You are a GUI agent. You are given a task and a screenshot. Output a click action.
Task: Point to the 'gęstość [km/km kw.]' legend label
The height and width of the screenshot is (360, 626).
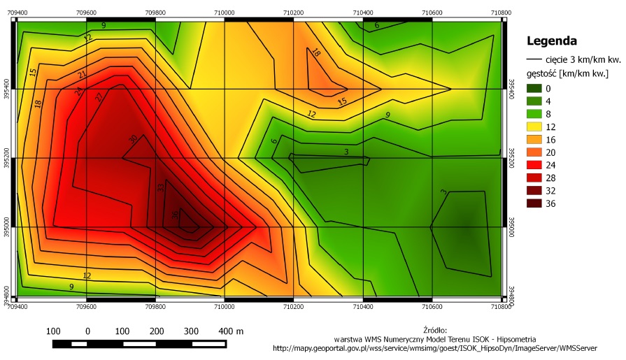pyautogui.click(x=567, y=73)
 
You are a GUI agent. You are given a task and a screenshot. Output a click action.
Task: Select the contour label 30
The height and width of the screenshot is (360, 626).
pyautogui.click(x=134, y=138)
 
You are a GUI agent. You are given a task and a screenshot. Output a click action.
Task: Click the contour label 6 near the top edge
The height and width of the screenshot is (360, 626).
pyautogui.click(x=376, y=26)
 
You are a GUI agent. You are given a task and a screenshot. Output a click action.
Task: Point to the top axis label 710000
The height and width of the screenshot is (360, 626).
pyautogui.click(x=225, y=12)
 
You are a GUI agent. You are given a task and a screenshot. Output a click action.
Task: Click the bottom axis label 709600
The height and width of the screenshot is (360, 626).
pyautogui.click(x=86, y=306)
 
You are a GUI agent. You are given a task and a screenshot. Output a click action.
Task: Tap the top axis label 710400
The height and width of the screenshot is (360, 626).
pyautogui.click(x=363, y=12)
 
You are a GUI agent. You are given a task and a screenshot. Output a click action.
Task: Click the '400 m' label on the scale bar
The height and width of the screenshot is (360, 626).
pyautogui.click(x=231, y=331)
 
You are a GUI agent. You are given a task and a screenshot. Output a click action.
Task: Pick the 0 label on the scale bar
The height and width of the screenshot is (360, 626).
pyautogui.click(x=87, y=331)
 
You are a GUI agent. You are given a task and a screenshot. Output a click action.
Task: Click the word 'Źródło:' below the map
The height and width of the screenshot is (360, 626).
pyautogui.click(x=434, y=329)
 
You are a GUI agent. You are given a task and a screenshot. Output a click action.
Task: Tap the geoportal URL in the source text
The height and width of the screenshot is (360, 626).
pyautogui.click(x=434, y=347)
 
